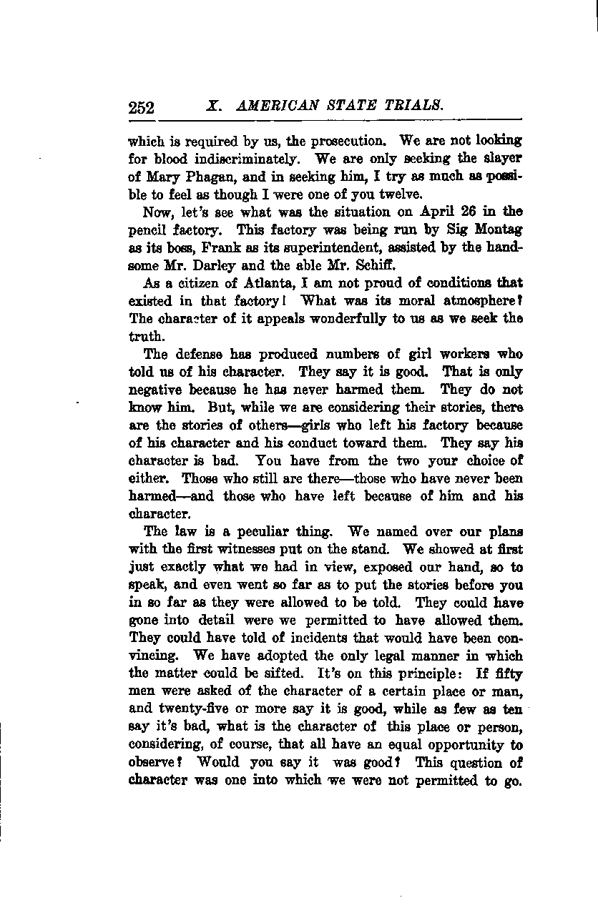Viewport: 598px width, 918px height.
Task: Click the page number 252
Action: tap(142, 107)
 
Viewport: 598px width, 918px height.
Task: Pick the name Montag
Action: tap(496, 229)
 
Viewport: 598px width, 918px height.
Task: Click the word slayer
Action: tap(501, 158)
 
